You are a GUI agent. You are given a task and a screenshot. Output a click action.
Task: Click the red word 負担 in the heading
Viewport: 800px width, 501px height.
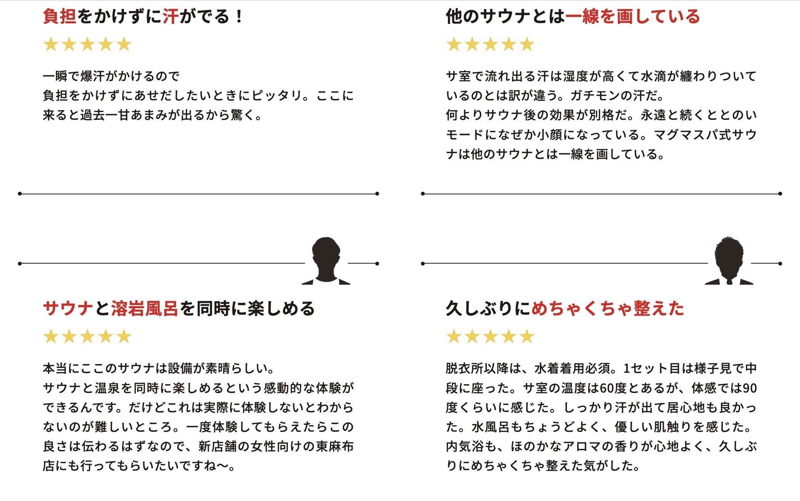(x=59, y=17)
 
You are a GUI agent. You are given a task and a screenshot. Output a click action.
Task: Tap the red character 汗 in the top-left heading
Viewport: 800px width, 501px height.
(x=171, y=17)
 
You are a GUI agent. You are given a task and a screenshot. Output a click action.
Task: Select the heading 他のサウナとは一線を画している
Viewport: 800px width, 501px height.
(x=572, y=17)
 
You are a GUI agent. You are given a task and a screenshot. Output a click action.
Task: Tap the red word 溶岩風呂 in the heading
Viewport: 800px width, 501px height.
(x=144, y=309)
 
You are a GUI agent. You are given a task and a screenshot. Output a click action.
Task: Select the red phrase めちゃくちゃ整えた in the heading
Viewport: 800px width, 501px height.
(x=608, y=309)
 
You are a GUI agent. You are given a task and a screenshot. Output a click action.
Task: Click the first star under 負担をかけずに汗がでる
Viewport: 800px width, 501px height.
(x=51, y=45)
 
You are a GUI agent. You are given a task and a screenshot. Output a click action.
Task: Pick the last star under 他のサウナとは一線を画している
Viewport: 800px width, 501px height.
(x=527, y=45)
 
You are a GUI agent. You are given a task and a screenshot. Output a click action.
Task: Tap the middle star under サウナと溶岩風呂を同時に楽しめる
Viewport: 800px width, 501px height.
(x=87, y=337)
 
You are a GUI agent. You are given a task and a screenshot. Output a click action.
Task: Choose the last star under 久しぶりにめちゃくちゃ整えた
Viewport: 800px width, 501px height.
(x=527, y=337)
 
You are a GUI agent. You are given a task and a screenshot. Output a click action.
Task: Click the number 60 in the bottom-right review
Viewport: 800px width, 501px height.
(x=607, y=388)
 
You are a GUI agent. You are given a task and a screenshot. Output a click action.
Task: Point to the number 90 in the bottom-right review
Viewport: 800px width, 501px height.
(x=749, y=388)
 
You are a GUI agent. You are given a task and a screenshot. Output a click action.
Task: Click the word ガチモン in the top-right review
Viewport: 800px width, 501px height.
(x=592, y=96)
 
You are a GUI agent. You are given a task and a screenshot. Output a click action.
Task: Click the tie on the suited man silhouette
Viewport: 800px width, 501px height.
(x=729, y=282)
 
